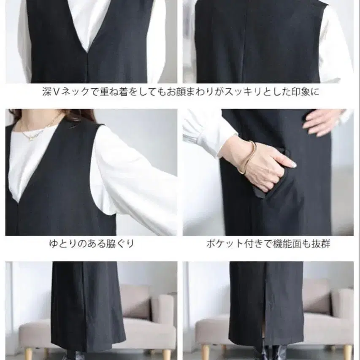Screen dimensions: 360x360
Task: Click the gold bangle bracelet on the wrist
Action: (x=248, y=157)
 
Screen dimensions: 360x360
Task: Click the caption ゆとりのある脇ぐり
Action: (x=92, y=244)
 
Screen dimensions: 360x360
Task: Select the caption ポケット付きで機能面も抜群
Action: (x=268, y=244)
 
